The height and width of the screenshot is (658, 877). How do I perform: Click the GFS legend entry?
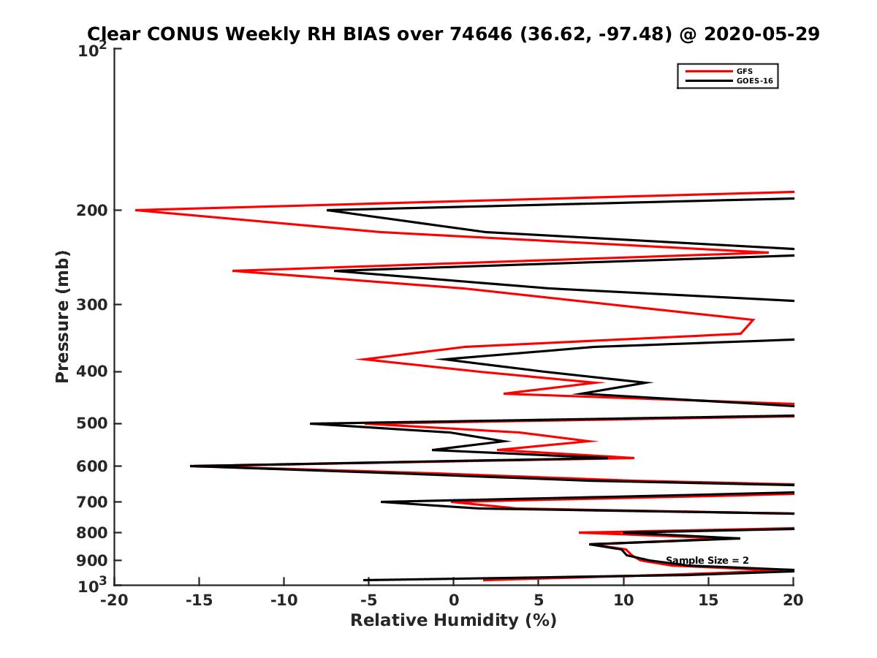[744, 72]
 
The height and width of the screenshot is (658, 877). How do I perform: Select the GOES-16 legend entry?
[753, 81]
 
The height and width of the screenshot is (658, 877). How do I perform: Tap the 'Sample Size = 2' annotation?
[707, 561]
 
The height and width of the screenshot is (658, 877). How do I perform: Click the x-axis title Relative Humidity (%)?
[453, 621]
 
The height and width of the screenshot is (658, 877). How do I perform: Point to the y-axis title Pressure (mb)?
[62, 316]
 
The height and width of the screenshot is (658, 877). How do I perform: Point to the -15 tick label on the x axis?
[198, 601]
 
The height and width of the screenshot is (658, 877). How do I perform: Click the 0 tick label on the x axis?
[453, 601]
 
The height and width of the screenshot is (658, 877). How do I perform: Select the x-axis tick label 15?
[708, 601]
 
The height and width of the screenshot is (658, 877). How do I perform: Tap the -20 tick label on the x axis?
[113, 601]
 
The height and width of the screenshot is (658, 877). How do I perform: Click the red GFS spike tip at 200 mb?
[137, 211]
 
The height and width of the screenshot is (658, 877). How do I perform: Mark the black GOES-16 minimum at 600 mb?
[191, 466]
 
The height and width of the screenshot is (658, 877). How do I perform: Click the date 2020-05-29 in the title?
[760, 34]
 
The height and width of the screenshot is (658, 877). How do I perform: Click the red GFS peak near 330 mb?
[753, 320]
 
